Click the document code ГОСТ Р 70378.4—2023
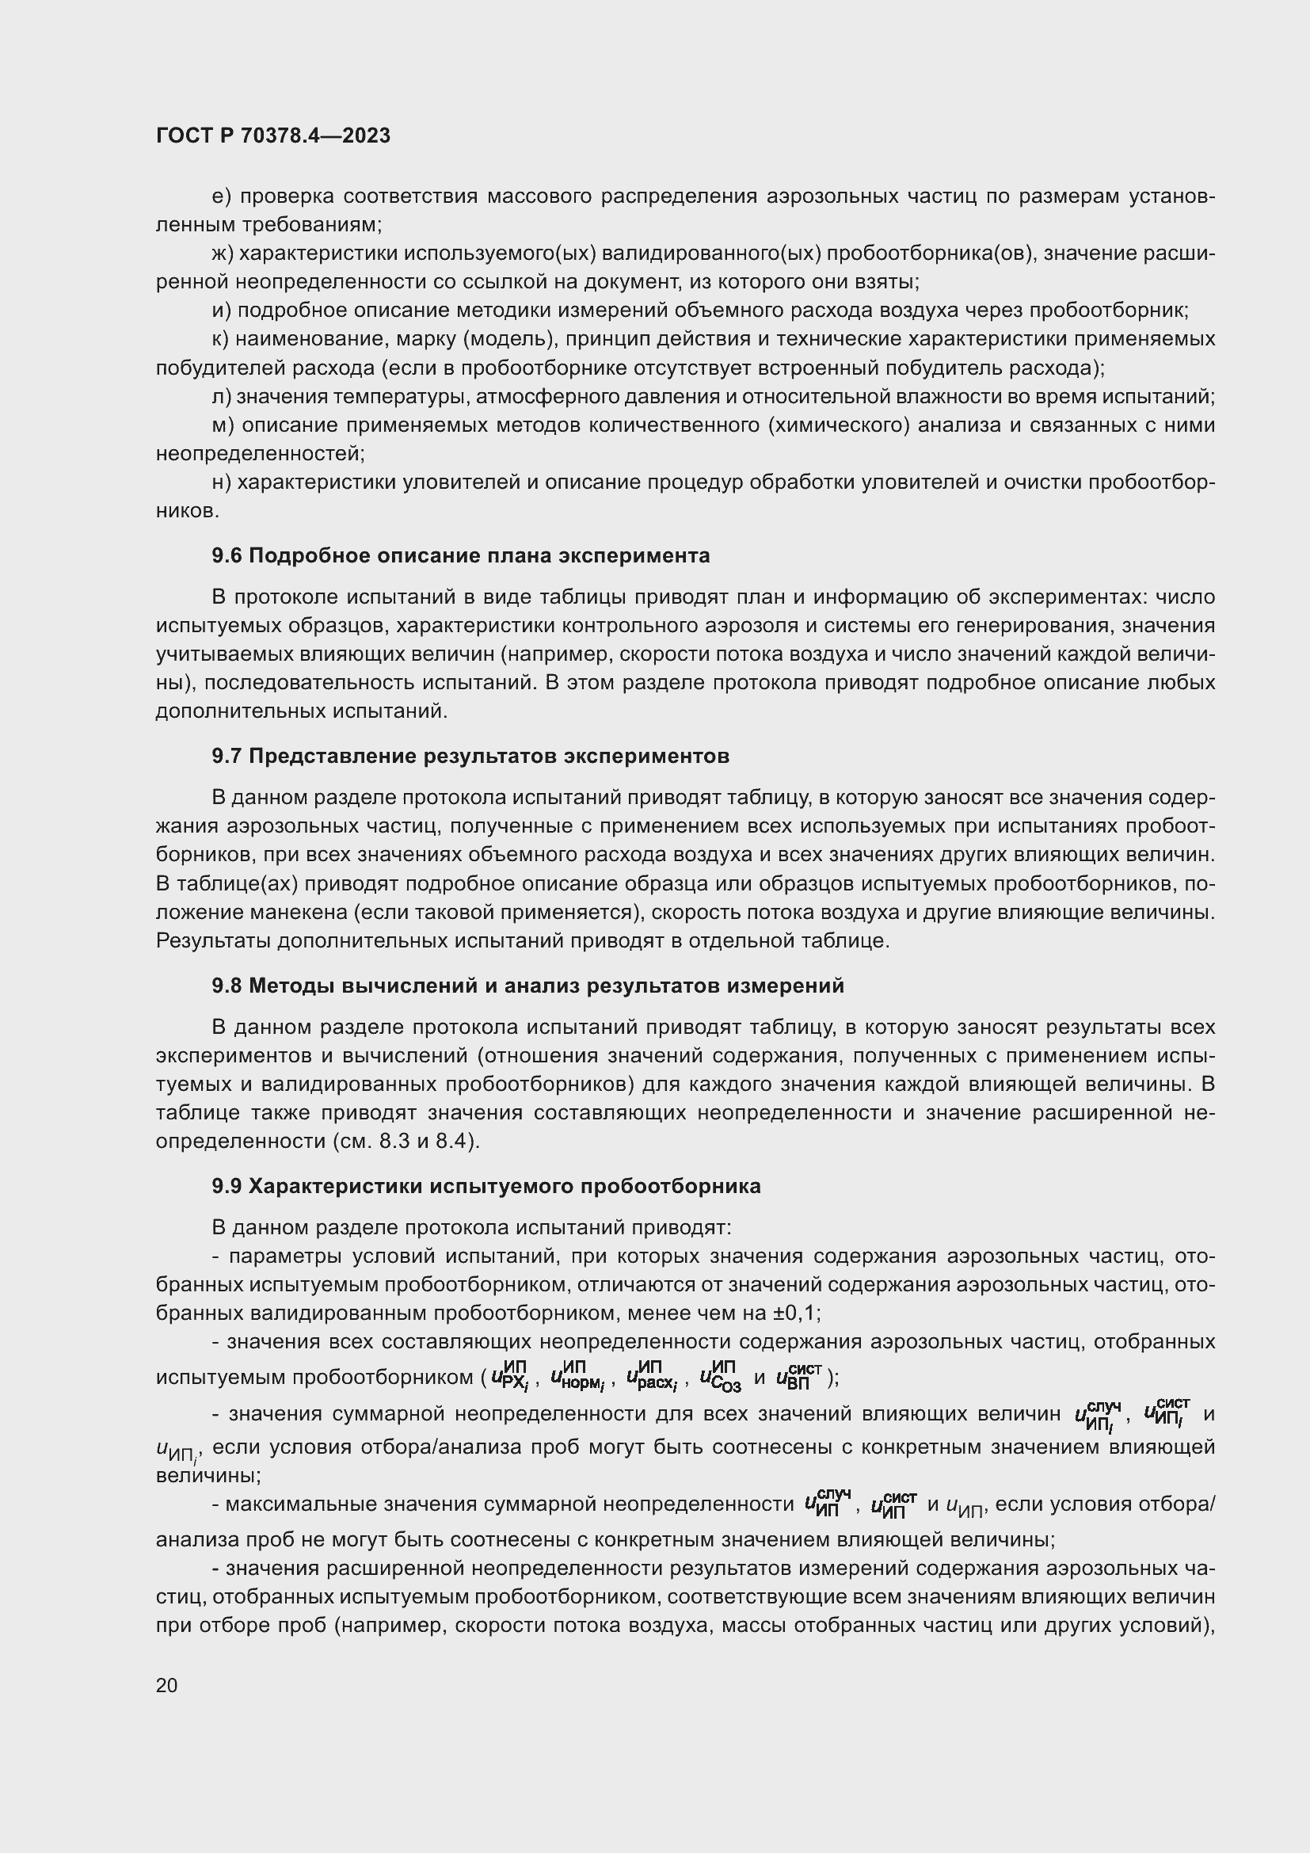click(272, 135)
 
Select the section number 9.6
click(227, 555)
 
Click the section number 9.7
click(227, 757)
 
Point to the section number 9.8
click(227, 986)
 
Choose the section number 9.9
click(227, 1186)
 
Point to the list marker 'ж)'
click(222, 254)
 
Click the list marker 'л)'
click(221, 396)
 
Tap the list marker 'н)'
click(221, 482)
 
